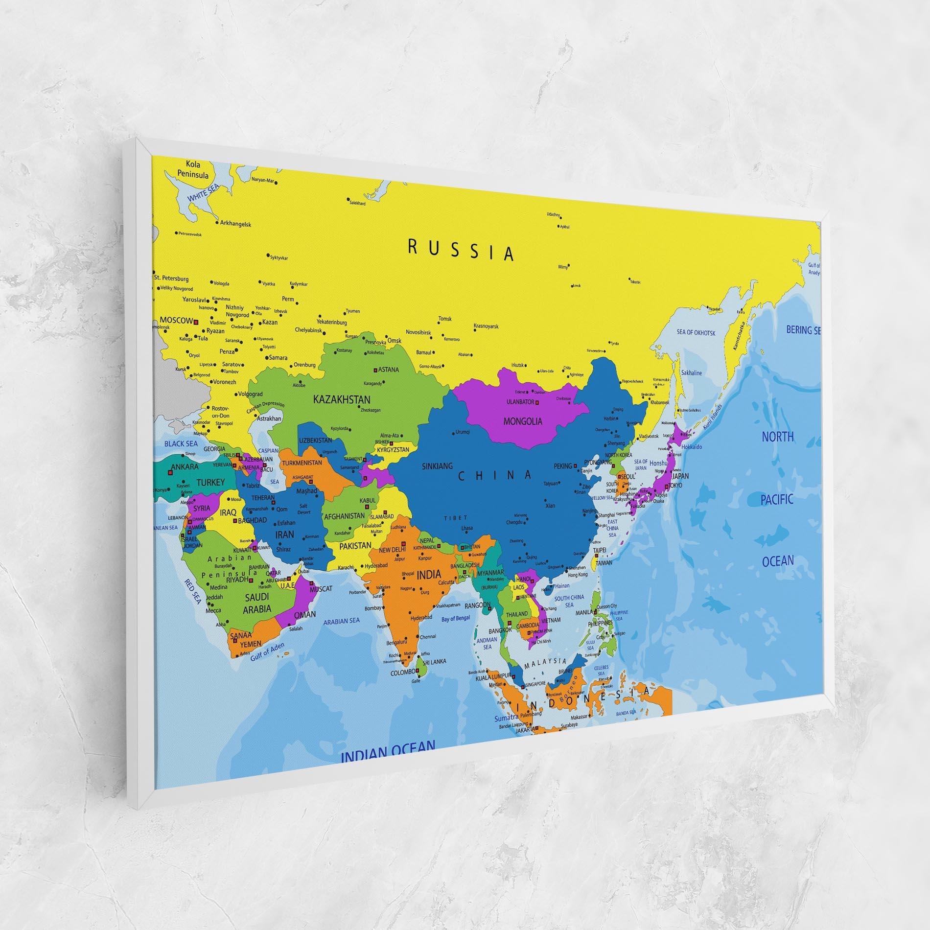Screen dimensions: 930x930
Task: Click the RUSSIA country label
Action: point(461,251)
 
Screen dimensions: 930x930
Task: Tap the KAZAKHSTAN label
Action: point(341,400)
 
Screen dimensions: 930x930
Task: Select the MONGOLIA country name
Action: point(523,421)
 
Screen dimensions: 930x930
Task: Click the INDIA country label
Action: point(428,574)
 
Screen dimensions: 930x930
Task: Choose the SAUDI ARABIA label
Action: point(257,603)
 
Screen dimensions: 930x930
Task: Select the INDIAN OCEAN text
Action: point(388,758)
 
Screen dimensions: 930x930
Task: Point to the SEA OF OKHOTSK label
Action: point(696,333)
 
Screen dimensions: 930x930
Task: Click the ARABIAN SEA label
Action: point(341,621)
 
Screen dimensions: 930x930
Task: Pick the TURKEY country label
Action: point(210,482)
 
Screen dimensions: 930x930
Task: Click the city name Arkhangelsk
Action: point(235,224)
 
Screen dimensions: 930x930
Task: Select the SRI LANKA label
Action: point(434,662)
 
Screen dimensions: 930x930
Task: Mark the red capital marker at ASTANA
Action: point(376,370)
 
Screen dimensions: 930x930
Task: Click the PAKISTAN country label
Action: point(355,545)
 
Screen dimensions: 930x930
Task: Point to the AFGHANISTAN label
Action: point(345,516)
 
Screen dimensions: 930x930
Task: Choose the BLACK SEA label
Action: point(181,444)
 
